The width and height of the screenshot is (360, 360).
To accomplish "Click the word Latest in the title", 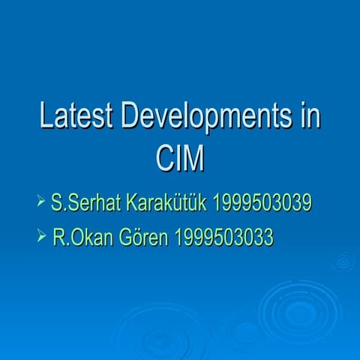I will (76, 118).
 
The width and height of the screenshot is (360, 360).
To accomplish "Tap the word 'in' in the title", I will (309, 118).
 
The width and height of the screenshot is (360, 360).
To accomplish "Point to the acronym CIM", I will (180, 159).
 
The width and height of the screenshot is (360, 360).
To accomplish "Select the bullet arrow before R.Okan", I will (41, 237).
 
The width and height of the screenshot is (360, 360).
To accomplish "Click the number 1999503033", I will (223, 238).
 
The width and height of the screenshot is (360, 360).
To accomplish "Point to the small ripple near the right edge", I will (343, 262).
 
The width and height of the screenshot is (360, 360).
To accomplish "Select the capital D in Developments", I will (133, 118).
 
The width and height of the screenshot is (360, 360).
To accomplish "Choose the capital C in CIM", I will (163, 159).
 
